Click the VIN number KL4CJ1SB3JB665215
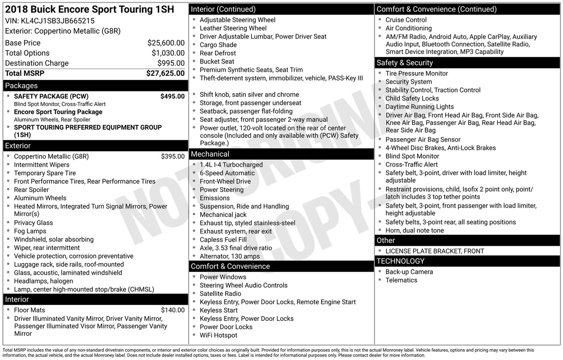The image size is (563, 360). [x=58, y=21]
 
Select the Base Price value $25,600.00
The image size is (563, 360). [x=166, y=43]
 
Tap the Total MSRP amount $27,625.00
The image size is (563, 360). [x=165, y=73]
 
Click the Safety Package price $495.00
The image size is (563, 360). [x=172, y=96]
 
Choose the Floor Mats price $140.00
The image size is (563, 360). [x=173, y=310]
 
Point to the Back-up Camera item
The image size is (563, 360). [x=409, y=272]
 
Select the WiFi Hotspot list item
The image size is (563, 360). [x=218, y=335]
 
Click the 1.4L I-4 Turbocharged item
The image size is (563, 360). [x=231, y=165]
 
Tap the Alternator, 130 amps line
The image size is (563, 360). [x=230, y=256]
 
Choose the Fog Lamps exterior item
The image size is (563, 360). [x=30, y=231]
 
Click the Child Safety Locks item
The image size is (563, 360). [x=412, y=98]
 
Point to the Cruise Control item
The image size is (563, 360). [x=406, y=20]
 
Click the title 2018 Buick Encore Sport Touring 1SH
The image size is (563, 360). [x=90, y=10]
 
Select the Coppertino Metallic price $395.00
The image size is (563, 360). [x=173, y=156]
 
